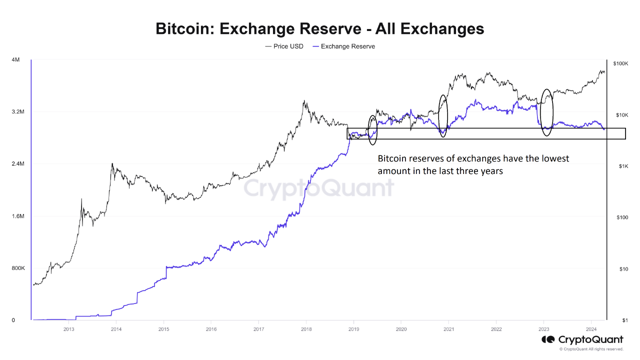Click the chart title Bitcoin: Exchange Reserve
coord(319,28)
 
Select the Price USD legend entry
coord(284,46)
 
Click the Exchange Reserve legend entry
coord(343,46)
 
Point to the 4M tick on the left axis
coord(15,60)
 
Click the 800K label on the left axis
coord(18,268)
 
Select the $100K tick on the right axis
coord(620,64)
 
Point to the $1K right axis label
coord(623,166)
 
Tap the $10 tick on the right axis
coord(623,269)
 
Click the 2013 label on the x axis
coord(69,328)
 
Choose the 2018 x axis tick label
coord(306,328)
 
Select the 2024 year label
coord(591,328)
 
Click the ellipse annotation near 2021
coord(443,116)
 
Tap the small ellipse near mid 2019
coord(372,130)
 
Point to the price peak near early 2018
coord(304,101)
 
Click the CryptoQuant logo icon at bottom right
coord(547,340)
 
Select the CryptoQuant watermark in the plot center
coord(319,189)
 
